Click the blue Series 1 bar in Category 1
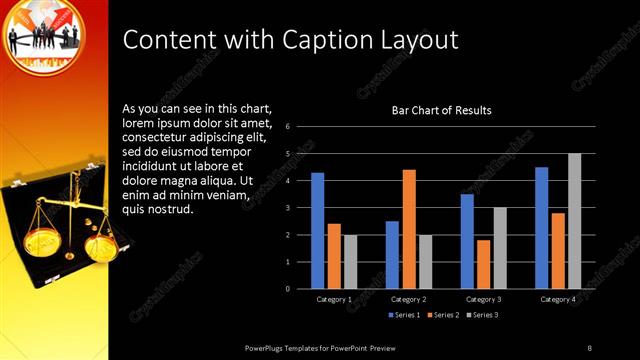click(x=317, y=231)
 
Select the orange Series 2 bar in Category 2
click(x=409, y=229)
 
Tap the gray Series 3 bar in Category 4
click(x=574, y=221)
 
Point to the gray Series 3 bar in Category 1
click(x=350, y=262)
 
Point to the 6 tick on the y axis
click(x=287, y=127)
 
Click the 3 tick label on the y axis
click(x=287, y=208)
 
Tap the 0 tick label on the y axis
click(x=287, y=289)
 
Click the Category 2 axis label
click(x=409, y=299)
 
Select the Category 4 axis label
click(x=557, y=299)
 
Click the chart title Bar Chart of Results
click(x=441, y=110)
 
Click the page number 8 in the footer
click(x=589, y=347)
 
